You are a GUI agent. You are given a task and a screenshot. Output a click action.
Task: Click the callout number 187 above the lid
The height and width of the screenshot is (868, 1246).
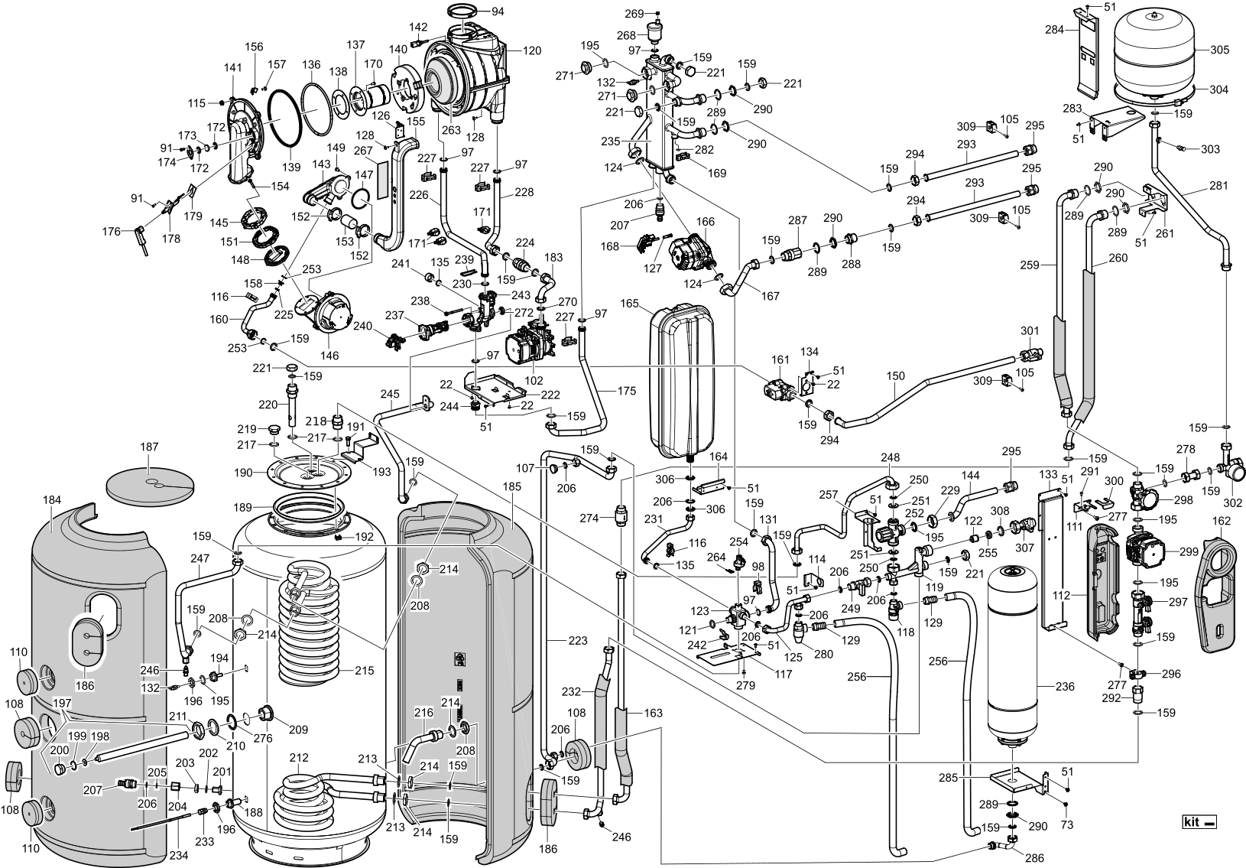[148, 447]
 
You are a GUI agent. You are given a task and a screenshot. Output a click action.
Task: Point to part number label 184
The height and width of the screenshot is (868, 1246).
[52, 500]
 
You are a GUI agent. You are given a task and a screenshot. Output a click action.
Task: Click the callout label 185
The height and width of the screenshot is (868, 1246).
[512, 486]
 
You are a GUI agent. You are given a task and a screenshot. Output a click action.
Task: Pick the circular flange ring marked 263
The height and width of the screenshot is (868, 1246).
[442, 80]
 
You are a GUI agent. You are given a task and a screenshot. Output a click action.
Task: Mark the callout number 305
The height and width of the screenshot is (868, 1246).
[1219, 50]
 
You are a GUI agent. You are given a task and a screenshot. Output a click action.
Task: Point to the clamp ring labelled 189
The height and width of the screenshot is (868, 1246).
[310, 507]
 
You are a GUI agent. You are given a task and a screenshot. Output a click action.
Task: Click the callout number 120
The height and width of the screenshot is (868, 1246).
[532, 51]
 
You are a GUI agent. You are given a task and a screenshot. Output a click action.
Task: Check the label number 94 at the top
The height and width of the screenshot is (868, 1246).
[498, 11]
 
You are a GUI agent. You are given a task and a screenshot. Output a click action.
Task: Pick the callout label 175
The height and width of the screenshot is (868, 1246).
[626, 391]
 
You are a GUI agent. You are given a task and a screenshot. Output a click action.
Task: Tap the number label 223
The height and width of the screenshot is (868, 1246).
[577, 640]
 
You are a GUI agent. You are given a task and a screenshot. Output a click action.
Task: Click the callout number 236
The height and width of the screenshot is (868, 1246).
[1065, 687]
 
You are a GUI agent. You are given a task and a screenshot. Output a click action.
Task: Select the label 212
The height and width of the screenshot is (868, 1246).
[299, 757]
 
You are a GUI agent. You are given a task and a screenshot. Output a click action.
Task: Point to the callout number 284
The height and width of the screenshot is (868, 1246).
[1055, 30]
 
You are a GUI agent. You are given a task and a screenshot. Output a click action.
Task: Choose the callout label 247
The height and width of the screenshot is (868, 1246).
[200, 559]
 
